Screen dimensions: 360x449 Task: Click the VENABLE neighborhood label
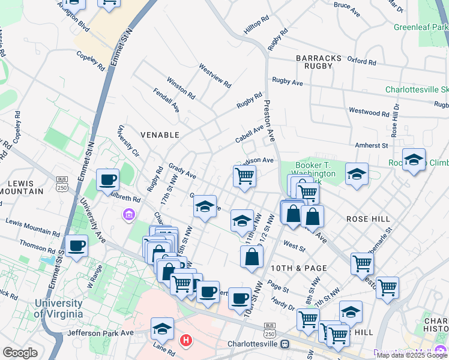(160, 135)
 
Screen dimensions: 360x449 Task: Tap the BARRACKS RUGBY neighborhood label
(319, 62)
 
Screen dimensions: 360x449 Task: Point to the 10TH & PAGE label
(298, 268)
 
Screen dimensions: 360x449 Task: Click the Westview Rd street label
(215, 76)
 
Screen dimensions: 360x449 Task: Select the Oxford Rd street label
(361, 61)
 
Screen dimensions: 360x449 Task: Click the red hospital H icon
(187, 341)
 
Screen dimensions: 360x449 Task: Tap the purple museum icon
(128, 214)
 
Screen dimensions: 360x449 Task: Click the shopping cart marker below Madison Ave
(244, 176)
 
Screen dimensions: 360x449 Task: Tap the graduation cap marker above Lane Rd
(162, 328)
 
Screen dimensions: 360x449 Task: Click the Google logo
(20, 353)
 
